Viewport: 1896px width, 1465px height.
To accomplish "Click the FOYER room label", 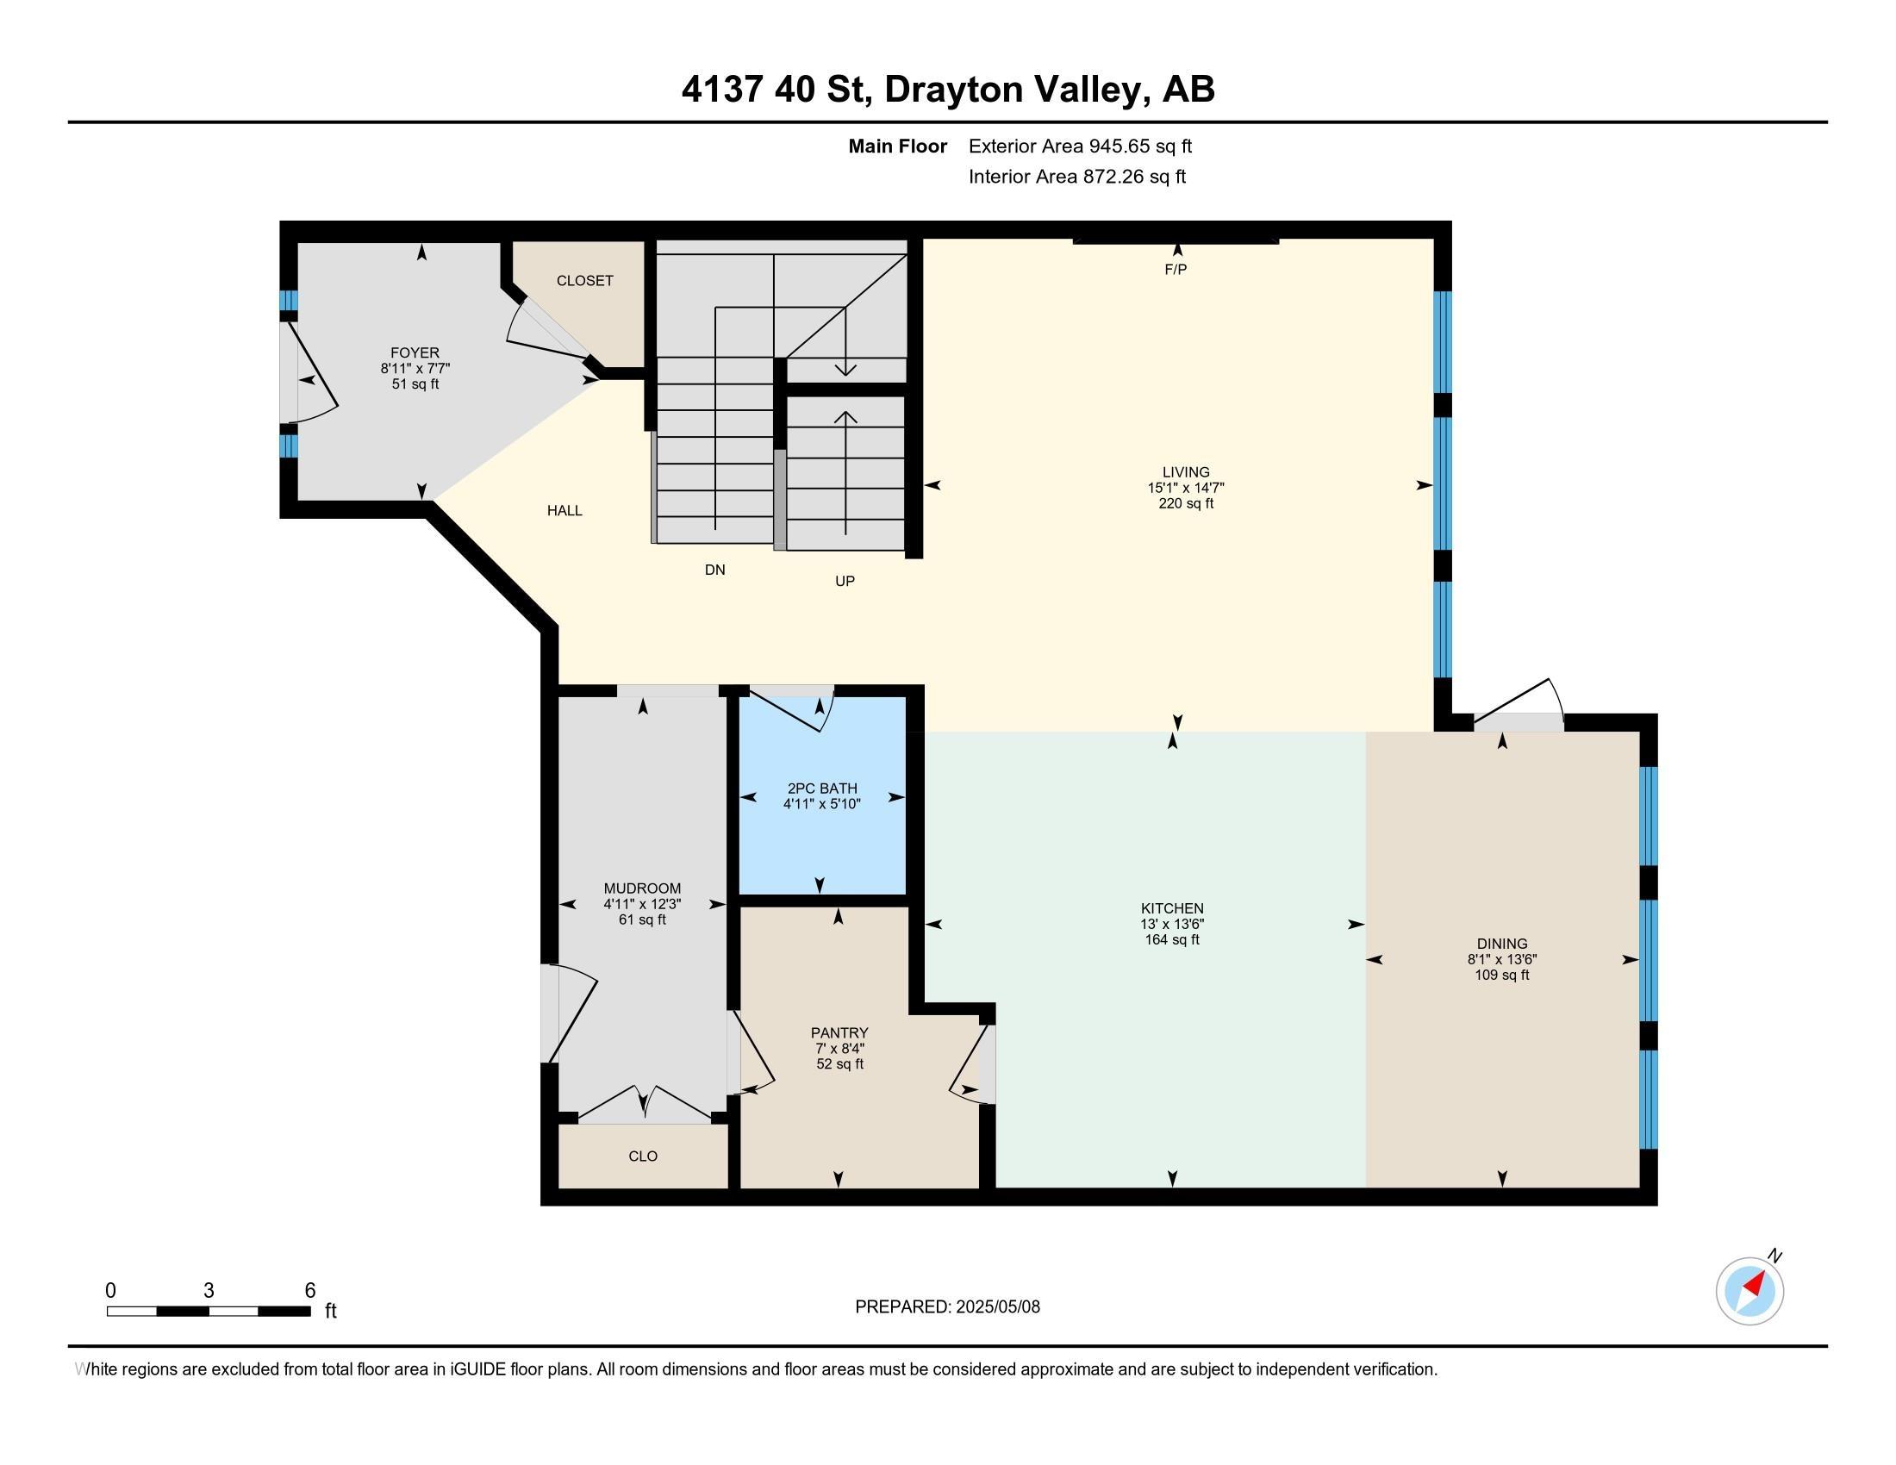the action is tap(415, 352).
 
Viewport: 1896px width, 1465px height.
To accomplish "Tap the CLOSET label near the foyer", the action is tap(585, 280).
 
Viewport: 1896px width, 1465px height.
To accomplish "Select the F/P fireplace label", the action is tap(1176, 269).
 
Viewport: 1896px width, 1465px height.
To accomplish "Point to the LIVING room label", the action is tap(1186, 472).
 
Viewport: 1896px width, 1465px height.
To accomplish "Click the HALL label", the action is tap(564, 510).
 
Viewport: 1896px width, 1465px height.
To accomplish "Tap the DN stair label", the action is tap(714, 570).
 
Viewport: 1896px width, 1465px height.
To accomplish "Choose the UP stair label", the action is tap(845, 581).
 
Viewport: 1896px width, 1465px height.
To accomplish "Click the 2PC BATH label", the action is tap(822, 788).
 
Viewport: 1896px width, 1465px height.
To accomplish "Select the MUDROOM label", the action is tap(642, 888).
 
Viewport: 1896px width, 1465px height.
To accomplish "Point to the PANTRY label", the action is tap(839, 1032).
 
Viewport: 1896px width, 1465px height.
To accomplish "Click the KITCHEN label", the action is tap(1172, 907).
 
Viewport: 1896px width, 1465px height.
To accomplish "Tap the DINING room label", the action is tap(1502, 944).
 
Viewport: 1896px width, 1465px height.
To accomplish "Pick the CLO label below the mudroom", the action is tap(643, 1156).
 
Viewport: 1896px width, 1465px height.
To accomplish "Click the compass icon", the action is tap(1750, 1291).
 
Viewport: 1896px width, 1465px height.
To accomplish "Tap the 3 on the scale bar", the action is tap(209, 1291).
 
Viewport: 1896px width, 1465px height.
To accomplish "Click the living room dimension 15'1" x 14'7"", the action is tap(1186, 488).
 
